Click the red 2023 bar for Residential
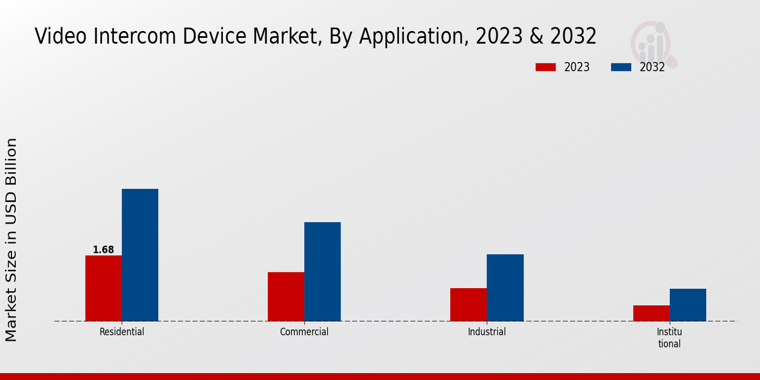click(103, 288)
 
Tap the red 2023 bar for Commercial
click(286, 296)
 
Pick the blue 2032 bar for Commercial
click(322, 271)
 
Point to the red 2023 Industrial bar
click(468, 305)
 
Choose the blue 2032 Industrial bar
click(505, 288)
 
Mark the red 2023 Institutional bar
click(651, 313)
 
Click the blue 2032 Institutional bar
click(688, 305)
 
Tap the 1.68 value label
click(103, 250)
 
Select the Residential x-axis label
click(122, 332)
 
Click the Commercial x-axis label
click(304, 332)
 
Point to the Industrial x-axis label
click(486, 332)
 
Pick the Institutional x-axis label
click(669, 338)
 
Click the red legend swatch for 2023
click(545, 67)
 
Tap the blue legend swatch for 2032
click(621, 67)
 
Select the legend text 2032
click(652, 67)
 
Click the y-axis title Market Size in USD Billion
click(11, 239)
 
